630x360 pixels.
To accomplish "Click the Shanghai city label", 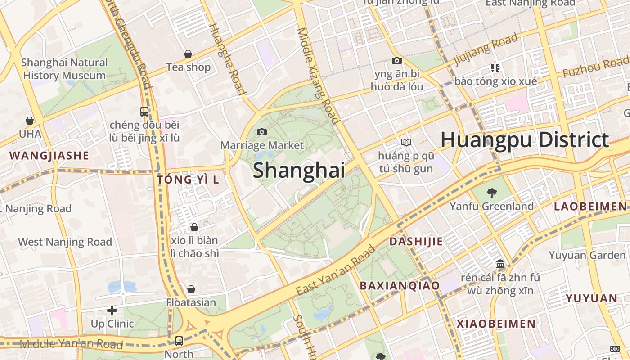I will pyautogui.click(x=299, y=171).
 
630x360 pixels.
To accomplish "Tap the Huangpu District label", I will pyautogui.click(x=524, y=139).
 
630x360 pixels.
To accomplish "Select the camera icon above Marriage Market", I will pyautogui.click(x=261, y=132).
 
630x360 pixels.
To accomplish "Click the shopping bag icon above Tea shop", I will pyautogui.click(x=188, y=54).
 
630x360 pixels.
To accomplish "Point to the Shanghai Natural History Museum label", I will pyautogui.click(x=64, y=69).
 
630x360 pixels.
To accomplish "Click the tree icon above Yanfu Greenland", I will pyautogui.click(x=491, y=193).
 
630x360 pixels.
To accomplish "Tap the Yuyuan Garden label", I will pyautogui.click(x=580, y=255).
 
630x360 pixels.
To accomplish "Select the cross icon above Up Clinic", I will pyautogui.click(x=112, y=310).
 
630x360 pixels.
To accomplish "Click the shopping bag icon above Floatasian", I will pyautogui.click(x=191, y=289).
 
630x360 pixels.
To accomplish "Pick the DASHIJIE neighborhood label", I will pyautogui.click(x=416, y=241).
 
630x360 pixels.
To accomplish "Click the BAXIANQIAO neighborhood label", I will pyautogui.click(x=400, y=285).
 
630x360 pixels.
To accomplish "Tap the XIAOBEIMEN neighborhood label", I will pyautogui.click(x=496, y=324).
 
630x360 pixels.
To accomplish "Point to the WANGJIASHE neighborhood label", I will pyautogui.click(x=49, y=156).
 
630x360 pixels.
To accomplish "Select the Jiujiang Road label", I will pyautogui.click(x=486, y=49).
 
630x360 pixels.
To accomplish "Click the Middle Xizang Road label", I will pyautogui.click(x=317, y=75).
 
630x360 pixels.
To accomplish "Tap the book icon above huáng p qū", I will pyautogui.click(x=406, y=143).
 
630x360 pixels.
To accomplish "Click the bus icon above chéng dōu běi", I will pyautogui.click(x=144, y=111).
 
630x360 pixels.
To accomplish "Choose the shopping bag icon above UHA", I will pyautogui.click(x=30, y=121).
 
